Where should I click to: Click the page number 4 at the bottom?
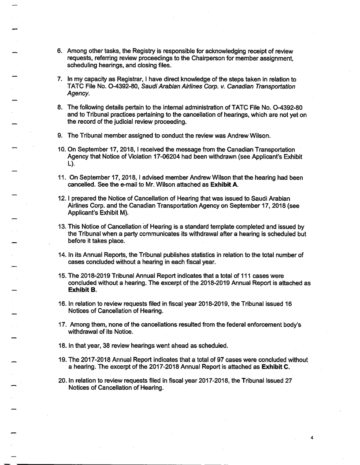(312, 438)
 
